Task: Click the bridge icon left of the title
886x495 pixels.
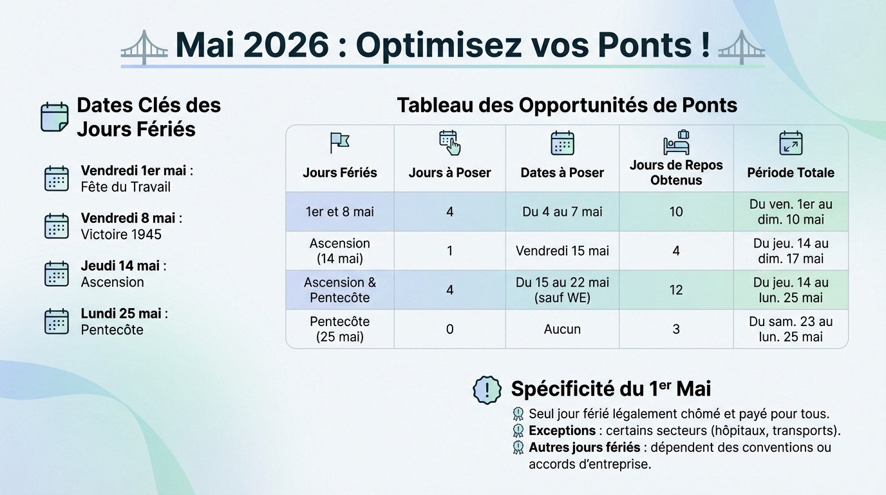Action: (144, 47)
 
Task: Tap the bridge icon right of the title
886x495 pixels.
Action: (741, 47)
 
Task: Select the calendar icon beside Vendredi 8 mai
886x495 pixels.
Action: (57, 226)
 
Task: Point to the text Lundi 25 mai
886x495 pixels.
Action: (121, 314)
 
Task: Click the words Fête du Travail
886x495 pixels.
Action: (126, 187)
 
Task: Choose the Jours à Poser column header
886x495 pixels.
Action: (449, 173)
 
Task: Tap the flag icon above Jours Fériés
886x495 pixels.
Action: (339, 142)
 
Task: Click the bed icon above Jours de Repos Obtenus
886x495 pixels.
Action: (676, 142)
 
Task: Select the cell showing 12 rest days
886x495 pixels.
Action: (676, 290)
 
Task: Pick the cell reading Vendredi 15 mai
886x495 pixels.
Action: (562, 251)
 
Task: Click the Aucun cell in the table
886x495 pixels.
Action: (562, 329)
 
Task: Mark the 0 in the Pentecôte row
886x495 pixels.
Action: (449, 329)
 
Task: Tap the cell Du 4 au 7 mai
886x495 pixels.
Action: (562, 211)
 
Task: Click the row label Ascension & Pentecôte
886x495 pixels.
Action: (339, 290)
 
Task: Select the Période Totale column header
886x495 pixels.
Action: (791, 173)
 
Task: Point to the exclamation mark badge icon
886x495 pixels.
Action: (487, 390)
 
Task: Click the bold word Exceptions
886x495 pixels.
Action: (561, 431)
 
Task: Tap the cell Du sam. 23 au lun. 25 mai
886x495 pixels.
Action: (791, 329)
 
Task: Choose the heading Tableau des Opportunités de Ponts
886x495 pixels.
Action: (567, 105)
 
